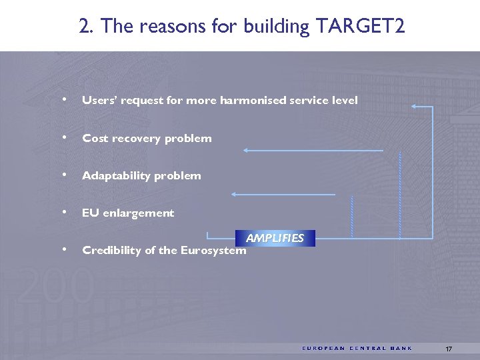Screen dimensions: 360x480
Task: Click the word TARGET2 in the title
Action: coord(361,27)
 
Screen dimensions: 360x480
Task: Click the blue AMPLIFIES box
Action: coord(275,238)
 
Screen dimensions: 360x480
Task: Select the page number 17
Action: coord(449,349)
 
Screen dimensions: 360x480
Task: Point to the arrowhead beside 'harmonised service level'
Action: coord(415,106)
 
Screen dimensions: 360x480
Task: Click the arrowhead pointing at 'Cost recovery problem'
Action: coord(246,151)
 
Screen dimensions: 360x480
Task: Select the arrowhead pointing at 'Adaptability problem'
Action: coord(234,195)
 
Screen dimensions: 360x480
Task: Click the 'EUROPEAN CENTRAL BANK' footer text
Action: coord(357,349)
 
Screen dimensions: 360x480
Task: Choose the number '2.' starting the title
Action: coord(85,27)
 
